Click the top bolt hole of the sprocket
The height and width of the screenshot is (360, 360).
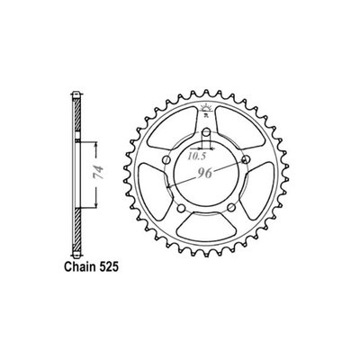coord(207,132)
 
